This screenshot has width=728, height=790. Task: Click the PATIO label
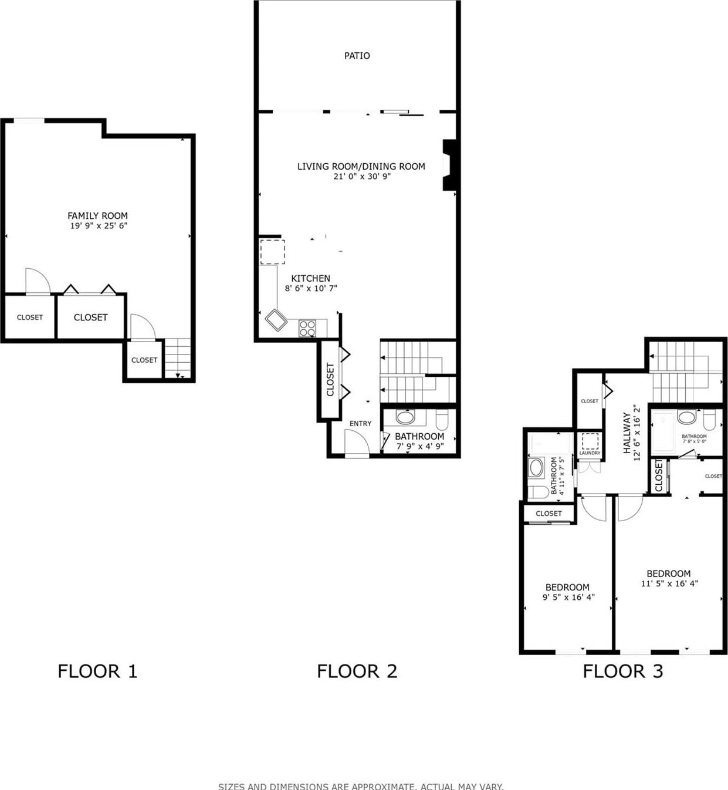[x=357, y=56]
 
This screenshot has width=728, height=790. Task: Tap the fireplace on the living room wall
[x=449, y=165]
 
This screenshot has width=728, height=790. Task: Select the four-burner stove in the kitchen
[x=307, y=328]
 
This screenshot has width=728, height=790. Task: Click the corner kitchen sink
[x=275, y=320]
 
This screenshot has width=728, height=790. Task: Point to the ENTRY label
[x=360, y=423]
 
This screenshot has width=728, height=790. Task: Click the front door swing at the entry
[x=355, y=443]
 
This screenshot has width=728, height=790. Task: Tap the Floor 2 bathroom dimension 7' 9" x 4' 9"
[x=419, y=447]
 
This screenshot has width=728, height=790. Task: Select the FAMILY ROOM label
[x=97, y=215]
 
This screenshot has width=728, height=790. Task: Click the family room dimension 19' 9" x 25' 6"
[x=98, y=226]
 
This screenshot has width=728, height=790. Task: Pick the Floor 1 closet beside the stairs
[x=144, y=360]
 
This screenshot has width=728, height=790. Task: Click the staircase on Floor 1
[x=178, y=358]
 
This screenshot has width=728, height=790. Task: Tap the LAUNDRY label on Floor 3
[x=590, y=453]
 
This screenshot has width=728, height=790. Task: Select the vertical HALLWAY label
[x=627, y=433]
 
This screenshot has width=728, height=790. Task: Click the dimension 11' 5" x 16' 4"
[x=669, y=584]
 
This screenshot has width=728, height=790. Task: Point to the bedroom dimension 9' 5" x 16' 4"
[x=568, y=597]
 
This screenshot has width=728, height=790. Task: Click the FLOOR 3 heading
[x=622, y=671]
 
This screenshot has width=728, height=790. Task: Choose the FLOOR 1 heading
[x=97, y=671]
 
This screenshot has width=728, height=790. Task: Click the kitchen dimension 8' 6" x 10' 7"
[x=310, y=289]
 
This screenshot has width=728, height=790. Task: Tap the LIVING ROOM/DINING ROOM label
[x=361, y=166]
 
